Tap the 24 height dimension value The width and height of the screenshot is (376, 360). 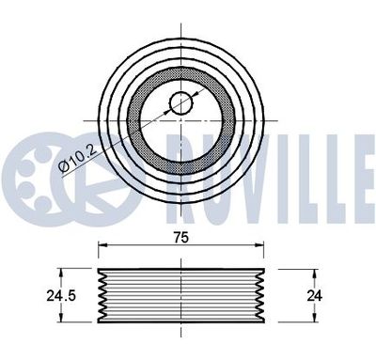[315, 296]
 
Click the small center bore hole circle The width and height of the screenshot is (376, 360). [181, 103]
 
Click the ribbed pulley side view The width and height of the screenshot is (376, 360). [182, 296]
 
